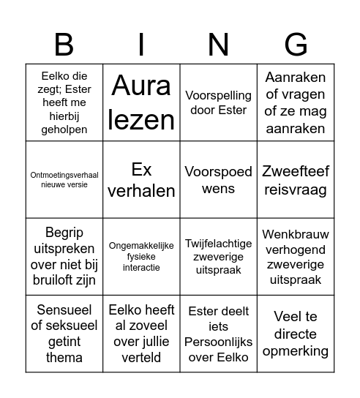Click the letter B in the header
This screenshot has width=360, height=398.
64,45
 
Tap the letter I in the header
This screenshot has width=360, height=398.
141,45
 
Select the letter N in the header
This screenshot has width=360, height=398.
218,45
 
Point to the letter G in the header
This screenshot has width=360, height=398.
296,45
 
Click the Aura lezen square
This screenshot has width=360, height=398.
141,103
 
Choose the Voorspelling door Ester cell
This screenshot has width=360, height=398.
218,103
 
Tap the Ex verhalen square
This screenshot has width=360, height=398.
141,180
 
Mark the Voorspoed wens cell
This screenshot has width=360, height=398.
218,180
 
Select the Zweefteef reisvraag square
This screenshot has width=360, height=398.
296,180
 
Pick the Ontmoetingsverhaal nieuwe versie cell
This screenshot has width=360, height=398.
64,180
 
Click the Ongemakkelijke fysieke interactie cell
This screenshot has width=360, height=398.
141,257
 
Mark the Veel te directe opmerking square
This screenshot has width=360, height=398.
296,334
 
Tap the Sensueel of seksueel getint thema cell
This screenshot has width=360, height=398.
64,334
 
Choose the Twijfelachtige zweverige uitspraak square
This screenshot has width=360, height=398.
218,257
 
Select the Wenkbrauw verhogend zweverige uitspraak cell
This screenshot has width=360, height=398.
296,257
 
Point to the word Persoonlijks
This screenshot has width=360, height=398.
218,342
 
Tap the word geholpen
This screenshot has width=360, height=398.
64,129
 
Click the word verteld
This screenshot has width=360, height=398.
141,357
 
